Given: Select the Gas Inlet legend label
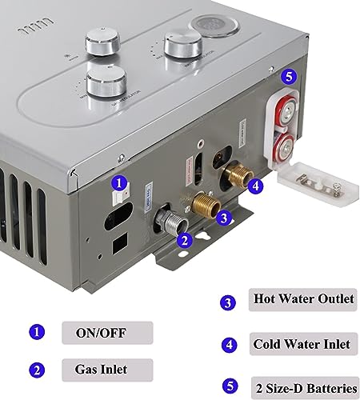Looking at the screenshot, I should (x=95, y=370).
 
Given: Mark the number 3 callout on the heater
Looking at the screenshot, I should (x=225, y=215).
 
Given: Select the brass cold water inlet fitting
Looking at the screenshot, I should (x=237, y=173).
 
